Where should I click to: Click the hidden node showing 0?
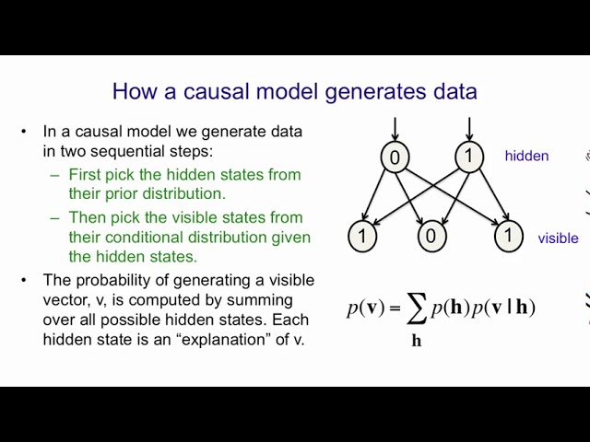point(395,157)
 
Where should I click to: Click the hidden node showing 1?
point(469,156)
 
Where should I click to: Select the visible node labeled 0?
point(432,236)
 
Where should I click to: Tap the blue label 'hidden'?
point(526,156)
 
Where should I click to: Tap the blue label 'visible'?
point(558,238)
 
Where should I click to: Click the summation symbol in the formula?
point(417,309)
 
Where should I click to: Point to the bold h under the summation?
point(417,341)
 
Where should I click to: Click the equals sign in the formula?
point(394,308)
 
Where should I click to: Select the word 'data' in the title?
point(454,91)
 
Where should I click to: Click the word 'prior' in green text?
point(122,194)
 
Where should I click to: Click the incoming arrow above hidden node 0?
point(395,130)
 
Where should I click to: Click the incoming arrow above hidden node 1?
point(469,130)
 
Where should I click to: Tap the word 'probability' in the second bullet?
point(122,281)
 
